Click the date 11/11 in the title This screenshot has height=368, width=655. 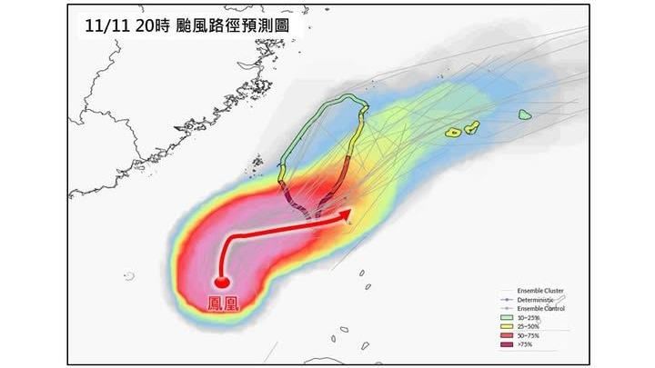point(101,26)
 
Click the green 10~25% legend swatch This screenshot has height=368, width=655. point(506,317)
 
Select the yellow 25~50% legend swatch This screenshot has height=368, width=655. point(506,326)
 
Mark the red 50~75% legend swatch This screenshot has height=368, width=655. point(506,335)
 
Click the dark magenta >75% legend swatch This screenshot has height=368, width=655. point(506,344)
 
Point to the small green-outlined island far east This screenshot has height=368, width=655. point(525,114)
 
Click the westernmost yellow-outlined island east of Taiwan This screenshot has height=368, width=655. point(453,133)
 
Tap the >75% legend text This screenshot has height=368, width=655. point(526,344)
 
